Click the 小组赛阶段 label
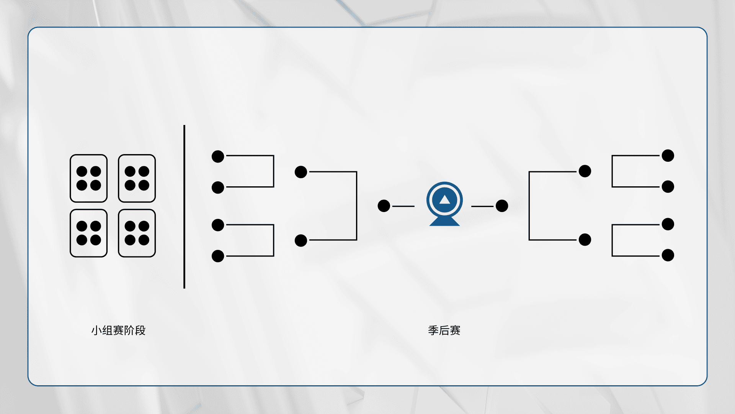click(x=118, y=330)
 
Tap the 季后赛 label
click(x=444, y=330)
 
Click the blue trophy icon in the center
click(x=444, y=204)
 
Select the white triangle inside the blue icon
click(x=444, y=199)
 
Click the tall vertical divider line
click(x=184, y=207)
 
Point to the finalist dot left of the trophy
click(x=384, y=206)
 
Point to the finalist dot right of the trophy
click(x=502, y=206)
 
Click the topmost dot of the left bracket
click(x=218, y=156)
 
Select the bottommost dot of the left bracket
click(x=218, y=256)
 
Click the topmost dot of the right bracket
click(x=668, y=156)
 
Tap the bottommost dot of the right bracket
click(x=668, y=255)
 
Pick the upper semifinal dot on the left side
click(x=301, y=172)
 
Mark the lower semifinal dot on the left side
click(x=301, y=241)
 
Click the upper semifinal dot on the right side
click(x=585, y=171)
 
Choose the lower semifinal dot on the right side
click(x=585, y=240)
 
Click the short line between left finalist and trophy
click(x=403, y=206)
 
